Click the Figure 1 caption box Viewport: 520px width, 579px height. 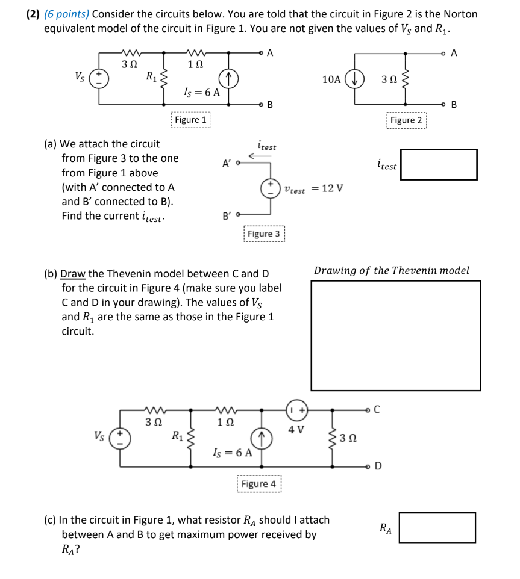190,120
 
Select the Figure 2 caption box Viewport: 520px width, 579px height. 406,120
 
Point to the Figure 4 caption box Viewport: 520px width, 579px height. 258,484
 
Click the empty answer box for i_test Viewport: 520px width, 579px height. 438,164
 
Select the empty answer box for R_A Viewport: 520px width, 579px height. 437,528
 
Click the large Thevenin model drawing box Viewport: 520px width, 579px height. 395,335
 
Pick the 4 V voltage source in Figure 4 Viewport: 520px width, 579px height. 296,410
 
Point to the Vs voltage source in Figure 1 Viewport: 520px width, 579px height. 99,78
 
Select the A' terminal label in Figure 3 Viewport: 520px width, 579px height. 227,163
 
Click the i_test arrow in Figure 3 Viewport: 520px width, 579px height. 260,156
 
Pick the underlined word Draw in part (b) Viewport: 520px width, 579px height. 73,273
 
